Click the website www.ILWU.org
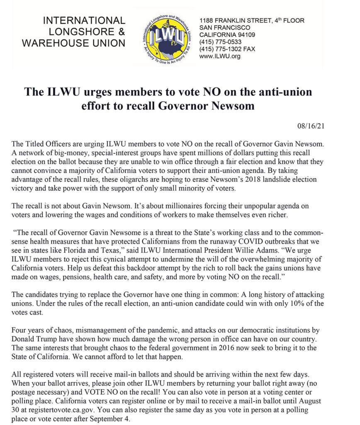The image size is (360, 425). pyautogui.click(x=220, y=56)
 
